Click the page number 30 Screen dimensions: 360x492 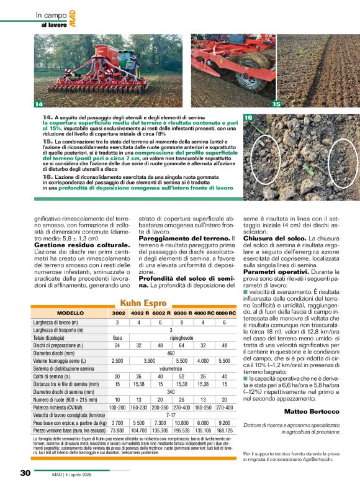24,473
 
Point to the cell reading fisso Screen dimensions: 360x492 117,337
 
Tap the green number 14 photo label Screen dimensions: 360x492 38,103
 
